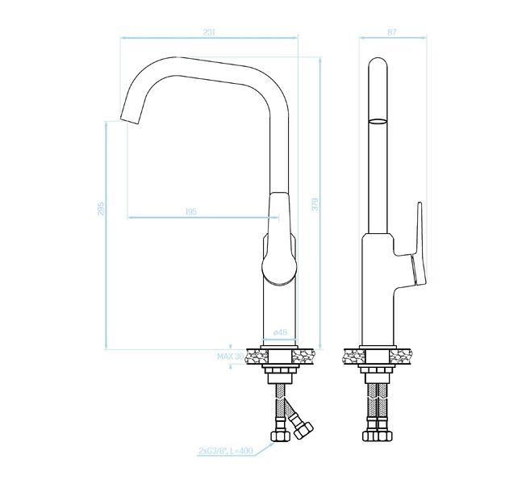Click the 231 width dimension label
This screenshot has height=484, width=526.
[x=209, y=32]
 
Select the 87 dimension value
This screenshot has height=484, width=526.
[x=392, y=32]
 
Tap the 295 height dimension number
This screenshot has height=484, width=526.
[x=101, y=208]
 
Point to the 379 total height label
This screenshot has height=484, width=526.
[x=315, y=204]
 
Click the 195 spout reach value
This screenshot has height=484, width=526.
[x=191, y=211]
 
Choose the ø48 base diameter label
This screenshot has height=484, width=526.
[x=280, y=332]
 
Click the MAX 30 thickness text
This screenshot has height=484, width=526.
[x=231, y=357]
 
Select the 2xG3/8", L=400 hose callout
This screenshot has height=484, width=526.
[x=225, y=451]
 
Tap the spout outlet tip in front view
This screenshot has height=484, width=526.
[x=129, y=119]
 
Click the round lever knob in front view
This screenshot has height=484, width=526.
[x=279, y=269]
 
